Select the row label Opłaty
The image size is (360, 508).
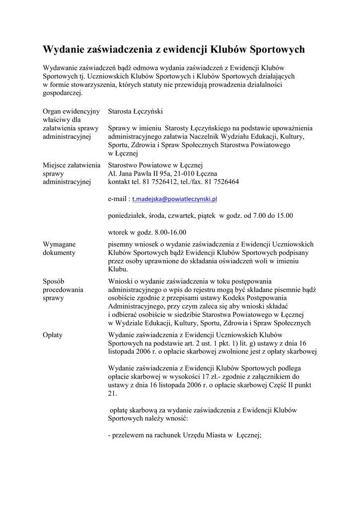pyautogui.click(x=53, y=335)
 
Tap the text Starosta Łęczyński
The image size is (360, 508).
pyautogui.click(x=136, y=112)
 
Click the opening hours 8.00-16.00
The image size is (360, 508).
pyautogui.click(x=170, y=232)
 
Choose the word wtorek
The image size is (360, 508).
pyautogui.click(x=118, y=232)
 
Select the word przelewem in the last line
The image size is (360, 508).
pyautogui.click(x=129, y=436)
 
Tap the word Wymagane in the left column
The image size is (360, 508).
pyautogui.click(x=59, y=244)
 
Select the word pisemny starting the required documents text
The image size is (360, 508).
pyautogui.click(x=120, y=244)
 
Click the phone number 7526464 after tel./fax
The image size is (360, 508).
pyautogui.click(x=226, y=182)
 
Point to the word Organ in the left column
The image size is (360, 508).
pyautogui.click(x=52, y=112)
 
